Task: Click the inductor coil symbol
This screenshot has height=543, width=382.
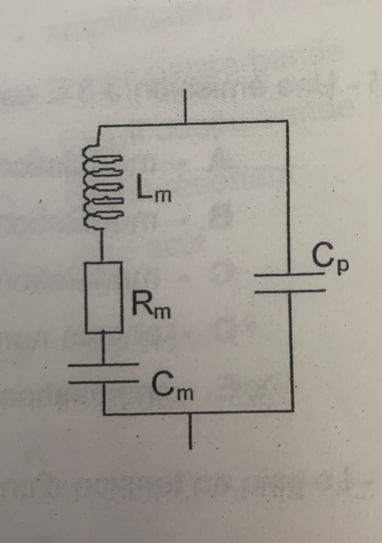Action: point(103,186)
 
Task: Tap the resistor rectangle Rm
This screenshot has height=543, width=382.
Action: point(104,298)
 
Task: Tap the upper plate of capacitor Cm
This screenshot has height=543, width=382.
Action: point(104,365)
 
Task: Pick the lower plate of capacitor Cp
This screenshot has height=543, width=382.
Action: point(290,291)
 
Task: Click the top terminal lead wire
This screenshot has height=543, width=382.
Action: point(185,106)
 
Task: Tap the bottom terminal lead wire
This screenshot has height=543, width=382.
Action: point(190,430)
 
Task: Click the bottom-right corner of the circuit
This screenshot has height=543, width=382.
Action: point(293,410)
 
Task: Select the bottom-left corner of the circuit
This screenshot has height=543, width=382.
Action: point(104,414)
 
